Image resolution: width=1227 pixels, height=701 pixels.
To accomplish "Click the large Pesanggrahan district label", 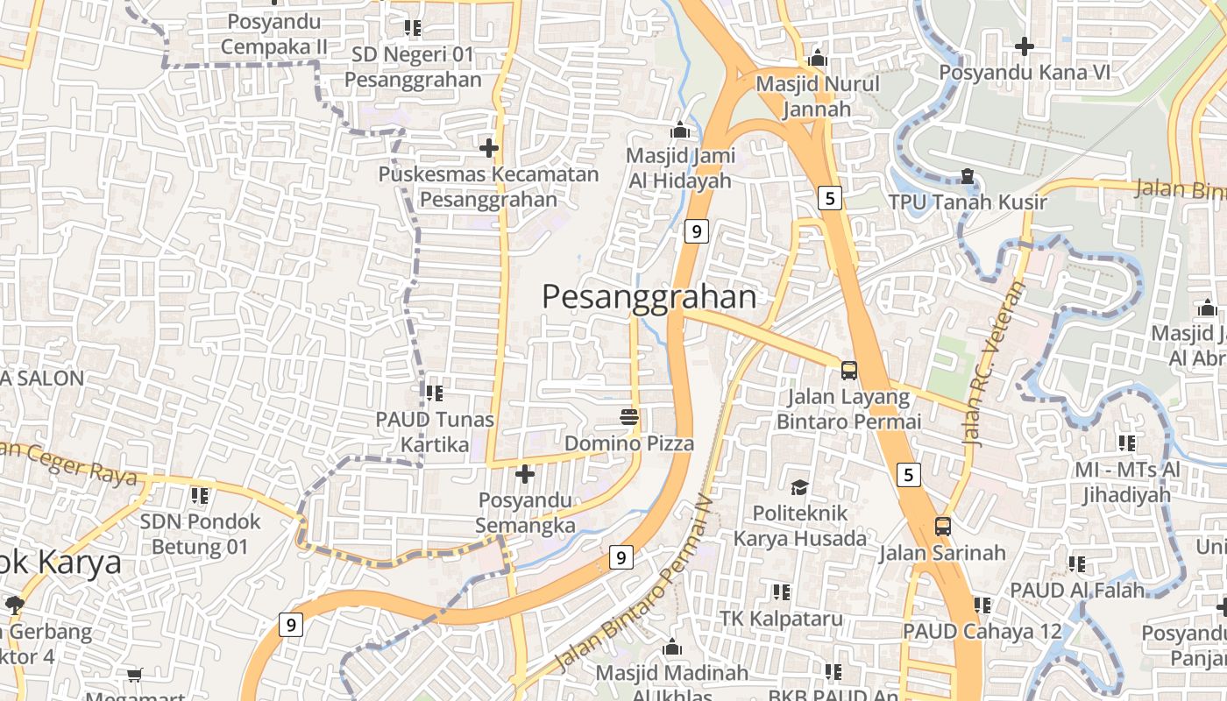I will [x=649, y=297].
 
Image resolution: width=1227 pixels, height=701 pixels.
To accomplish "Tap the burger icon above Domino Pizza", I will [x=628, y=416].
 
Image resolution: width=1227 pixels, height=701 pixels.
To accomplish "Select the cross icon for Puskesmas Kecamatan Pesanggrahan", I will [x=489, y=147].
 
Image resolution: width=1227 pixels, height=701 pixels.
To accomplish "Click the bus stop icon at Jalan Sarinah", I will [x=942, y=527].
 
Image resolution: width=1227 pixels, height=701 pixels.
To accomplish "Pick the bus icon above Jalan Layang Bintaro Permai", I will [x=848, y=370].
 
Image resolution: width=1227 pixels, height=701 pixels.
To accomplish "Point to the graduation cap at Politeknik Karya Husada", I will [x=799, y=486].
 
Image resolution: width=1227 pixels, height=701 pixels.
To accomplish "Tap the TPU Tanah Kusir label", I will [x=968, y=202].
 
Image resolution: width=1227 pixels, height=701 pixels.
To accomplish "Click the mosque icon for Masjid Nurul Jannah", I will [x=818, y=58].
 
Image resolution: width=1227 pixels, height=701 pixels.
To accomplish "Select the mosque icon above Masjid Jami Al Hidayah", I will [x=680, y=131].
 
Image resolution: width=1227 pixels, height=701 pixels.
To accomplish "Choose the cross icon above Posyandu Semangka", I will [x=525, y=474].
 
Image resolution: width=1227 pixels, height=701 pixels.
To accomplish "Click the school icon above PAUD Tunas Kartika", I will [x=434, y=393].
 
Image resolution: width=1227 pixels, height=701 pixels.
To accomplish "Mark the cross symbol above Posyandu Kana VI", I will [x=1024, y=46].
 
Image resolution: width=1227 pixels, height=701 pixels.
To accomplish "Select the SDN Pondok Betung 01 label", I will [x=200, y=535].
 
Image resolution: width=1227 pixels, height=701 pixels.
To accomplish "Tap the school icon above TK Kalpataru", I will [x=781, y=592].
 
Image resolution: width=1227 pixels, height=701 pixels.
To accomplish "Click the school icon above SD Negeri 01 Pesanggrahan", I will [x=412, y=28].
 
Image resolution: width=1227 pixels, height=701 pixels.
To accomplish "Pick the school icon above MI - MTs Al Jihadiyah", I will [x=1127, y=443].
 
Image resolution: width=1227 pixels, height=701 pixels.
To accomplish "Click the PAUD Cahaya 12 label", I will [x=982, y=631].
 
